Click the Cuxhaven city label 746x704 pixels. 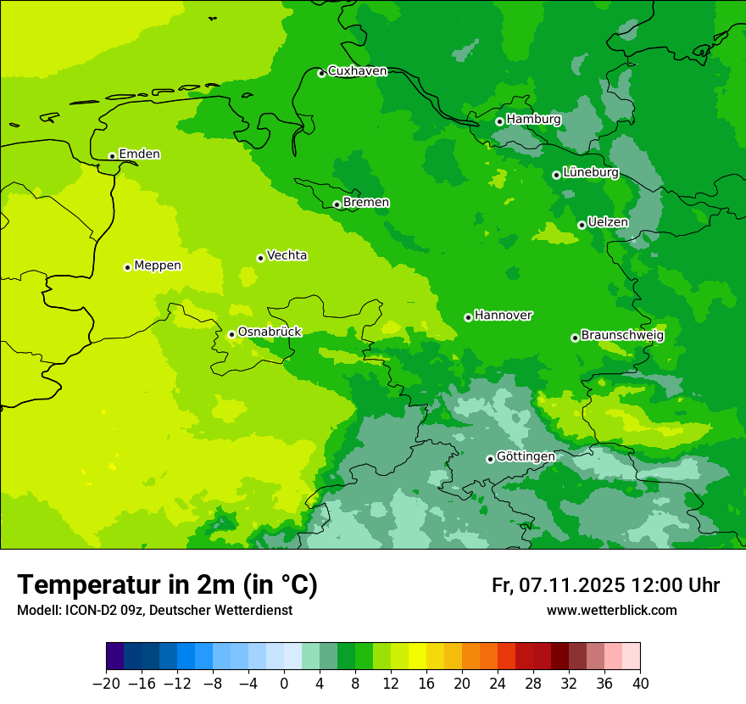click(x=357, y=71)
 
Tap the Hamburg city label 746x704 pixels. click(x=533, y=120)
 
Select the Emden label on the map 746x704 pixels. click(x=139, y=154)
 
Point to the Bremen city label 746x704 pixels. click(x=366, y=203)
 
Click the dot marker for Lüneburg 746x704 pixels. click(x=556, y=175)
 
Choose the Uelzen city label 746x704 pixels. click(x=608, y=223)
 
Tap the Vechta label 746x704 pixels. click(x=287, y=255)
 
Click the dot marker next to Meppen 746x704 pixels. click(x=127, y=267)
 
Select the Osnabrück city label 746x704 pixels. click(x=270, y=332)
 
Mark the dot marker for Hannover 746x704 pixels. click(x=468, y=317)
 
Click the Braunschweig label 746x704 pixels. click(x=622, y=336)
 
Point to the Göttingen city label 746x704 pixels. click(x=526, y=457)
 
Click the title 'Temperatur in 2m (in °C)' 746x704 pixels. click(x=167, y=585)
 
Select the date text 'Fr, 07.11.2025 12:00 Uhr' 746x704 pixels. click(x=605, y=585)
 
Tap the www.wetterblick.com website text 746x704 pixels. click(x=611, y=611)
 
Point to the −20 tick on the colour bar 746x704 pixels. click(x=106, y=684)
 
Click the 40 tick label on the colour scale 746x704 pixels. click(x=640, y=684)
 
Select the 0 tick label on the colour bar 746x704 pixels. click(x=284, y=684)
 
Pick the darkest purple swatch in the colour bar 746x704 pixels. click(x=114, y=657)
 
